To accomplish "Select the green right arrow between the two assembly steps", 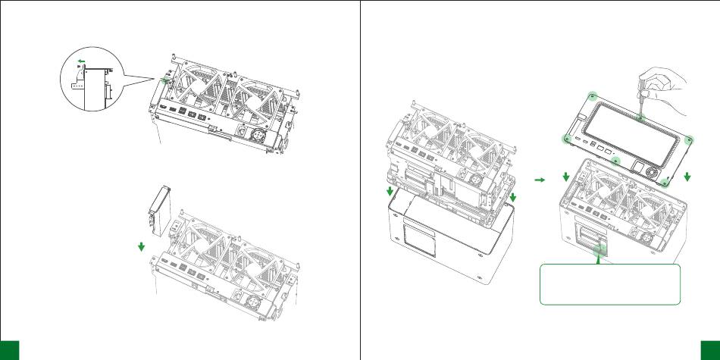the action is [x=539, y=180].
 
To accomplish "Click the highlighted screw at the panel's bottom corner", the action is [x=665, y=181].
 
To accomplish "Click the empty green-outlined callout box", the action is [x=610, y=284].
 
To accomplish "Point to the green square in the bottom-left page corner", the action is [x=9, y=349].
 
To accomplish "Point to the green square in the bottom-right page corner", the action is [x=711, y=349].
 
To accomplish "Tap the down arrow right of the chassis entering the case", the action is [x=514, y=196].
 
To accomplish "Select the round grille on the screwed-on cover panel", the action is [x=651, y=171].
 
